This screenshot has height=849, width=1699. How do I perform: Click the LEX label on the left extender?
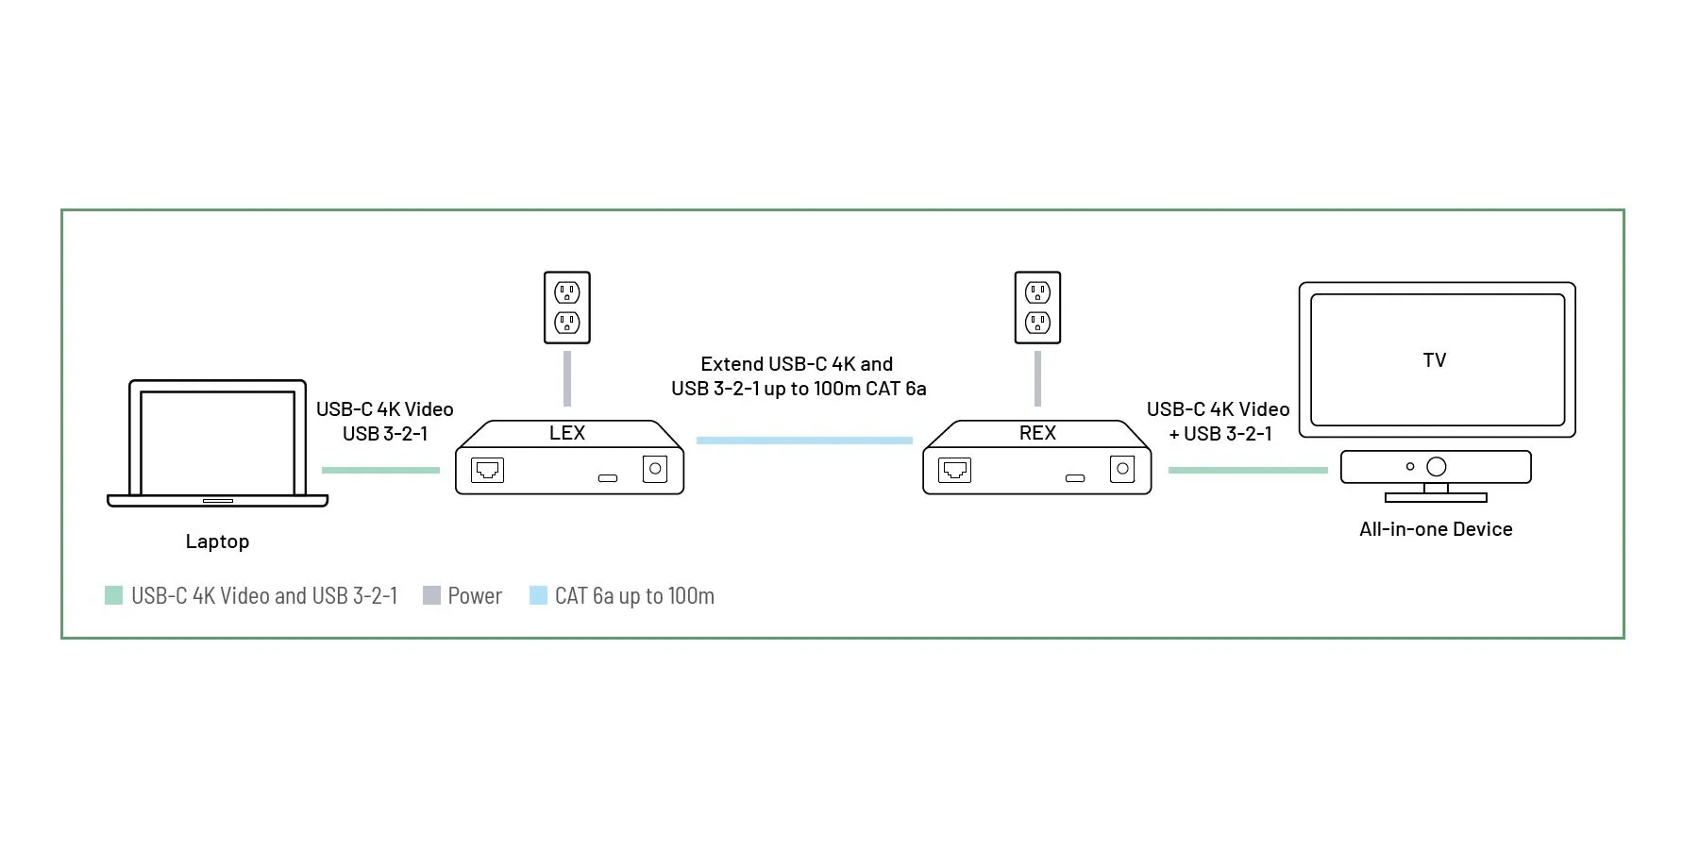coord(567,433)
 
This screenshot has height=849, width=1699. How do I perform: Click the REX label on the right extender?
coord(1037,433)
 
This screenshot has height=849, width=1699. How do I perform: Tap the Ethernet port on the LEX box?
coord(487,470)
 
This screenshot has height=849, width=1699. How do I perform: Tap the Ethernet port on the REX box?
coord(954,470)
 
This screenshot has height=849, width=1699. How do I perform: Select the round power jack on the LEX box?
coord(655,469)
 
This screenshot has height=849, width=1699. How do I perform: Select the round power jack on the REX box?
coord(1122,469)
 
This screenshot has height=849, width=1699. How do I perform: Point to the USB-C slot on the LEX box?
coord(608,478)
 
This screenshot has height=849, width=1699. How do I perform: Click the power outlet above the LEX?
coord(567,308)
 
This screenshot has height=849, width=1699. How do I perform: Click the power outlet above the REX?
coord(1037,308)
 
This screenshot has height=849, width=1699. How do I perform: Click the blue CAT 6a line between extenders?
coord(804,441)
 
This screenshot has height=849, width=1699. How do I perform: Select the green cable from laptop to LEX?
coord(380,470)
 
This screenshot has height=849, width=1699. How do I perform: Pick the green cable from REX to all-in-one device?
coord(1248,470)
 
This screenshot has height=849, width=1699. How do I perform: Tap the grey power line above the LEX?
coord(567,378)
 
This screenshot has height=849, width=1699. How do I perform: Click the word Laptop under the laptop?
coord(217,542)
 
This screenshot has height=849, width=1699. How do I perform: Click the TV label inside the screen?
coord(1435,360)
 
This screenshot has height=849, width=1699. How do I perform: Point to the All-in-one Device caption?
coord(1436,529)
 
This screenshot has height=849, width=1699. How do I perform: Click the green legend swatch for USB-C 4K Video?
coord(113,595)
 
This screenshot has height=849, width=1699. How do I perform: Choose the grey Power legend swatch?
coord(431,595)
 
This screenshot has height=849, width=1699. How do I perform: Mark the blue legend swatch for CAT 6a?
coord(538,595)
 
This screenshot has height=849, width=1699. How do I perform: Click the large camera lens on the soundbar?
coord(1437,467)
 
